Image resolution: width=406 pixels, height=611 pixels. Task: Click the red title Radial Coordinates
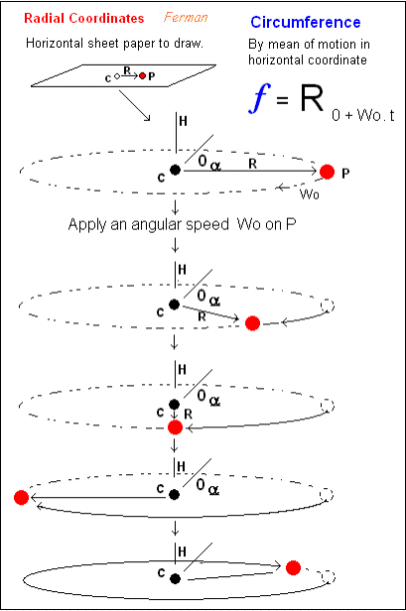point(83,18)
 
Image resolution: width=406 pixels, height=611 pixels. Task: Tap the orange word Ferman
point(186,17)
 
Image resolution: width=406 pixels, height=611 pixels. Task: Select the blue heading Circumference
point(306,22)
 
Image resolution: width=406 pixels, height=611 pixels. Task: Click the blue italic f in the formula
point(260,97)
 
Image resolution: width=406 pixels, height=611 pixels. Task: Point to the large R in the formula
point(312,98)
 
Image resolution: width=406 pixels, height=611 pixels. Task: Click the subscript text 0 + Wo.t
point(363,115)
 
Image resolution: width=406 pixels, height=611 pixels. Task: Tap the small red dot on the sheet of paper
point(142,76)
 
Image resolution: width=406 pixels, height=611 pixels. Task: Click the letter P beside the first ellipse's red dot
point(345,173)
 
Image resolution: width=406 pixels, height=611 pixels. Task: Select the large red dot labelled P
point(327,172)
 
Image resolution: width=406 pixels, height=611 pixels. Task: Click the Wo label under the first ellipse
point(310,193)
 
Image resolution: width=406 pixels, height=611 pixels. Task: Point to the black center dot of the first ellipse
point(175,170)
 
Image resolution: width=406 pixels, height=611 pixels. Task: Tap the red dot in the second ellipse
point(252,323)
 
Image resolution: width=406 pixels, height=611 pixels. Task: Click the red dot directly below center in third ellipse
point(175,428)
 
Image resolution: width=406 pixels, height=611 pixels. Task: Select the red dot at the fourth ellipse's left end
point(21,497)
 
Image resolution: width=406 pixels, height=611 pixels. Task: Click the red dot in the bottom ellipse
point(293,567)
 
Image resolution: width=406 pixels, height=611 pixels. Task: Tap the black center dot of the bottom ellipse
point(175,578)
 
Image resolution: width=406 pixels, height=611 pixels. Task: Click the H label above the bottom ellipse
point(182,551)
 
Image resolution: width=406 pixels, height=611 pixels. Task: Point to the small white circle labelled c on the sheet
point(116,76)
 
